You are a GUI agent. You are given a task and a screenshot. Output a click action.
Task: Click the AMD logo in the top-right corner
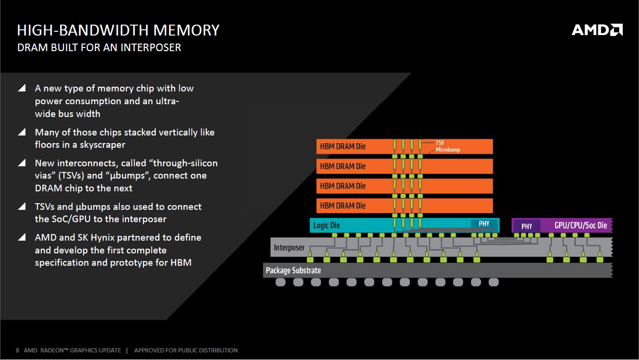pyautogui.click(x=597, y=30)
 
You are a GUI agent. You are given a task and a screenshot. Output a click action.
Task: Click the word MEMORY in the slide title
pyautogui.click(x=186, y=30)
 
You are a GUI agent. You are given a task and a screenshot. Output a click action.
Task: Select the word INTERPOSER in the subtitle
pyautogui.click(x=151, y=48)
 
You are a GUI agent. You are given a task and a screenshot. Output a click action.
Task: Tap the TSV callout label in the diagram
pyautogui.click(x=440, y=143)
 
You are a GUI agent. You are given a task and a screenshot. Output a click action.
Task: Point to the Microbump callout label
pyautogui.click(x=448, y=150)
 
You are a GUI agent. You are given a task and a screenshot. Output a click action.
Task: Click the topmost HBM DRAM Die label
pyautogui.click(x=342, y=146)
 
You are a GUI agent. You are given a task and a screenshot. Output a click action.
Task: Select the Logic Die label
pyautogui.click(x=326, y=225)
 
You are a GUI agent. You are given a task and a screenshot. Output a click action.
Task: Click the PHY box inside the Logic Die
pyautogui.click(x=484, y=224)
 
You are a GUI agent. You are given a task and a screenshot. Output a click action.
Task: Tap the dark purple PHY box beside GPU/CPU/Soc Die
pyautogui.click(x=527, y=226)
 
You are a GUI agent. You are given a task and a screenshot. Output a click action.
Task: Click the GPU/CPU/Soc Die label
pyautogui.click(x=581, y=225)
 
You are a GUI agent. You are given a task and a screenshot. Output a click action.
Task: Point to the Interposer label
pyautogui.click(x=289, y=247)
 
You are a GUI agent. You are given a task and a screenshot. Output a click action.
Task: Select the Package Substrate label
pyautogui.click(x=293, y=270)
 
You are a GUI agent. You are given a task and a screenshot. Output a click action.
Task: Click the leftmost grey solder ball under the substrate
pyautogui.click(x=280, y=282)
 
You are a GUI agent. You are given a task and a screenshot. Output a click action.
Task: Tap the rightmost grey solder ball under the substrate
pyautogui.click(x=494, y=282)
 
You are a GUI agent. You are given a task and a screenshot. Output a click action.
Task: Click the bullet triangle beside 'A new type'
pyautogui.click(x=22, y=88)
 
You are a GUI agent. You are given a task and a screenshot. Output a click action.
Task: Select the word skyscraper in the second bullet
pyautogui.click(x=102, y=145)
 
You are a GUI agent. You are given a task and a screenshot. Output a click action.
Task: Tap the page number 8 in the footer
pyautogui.click(x=18, y=351)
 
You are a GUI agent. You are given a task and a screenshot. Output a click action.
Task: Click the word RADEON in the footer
pyautogui.click(x=52, y=351)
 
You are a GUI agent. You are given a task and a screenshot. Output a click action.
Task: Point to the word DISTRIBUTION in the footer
pyautogui.click(x=217, y=351)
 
